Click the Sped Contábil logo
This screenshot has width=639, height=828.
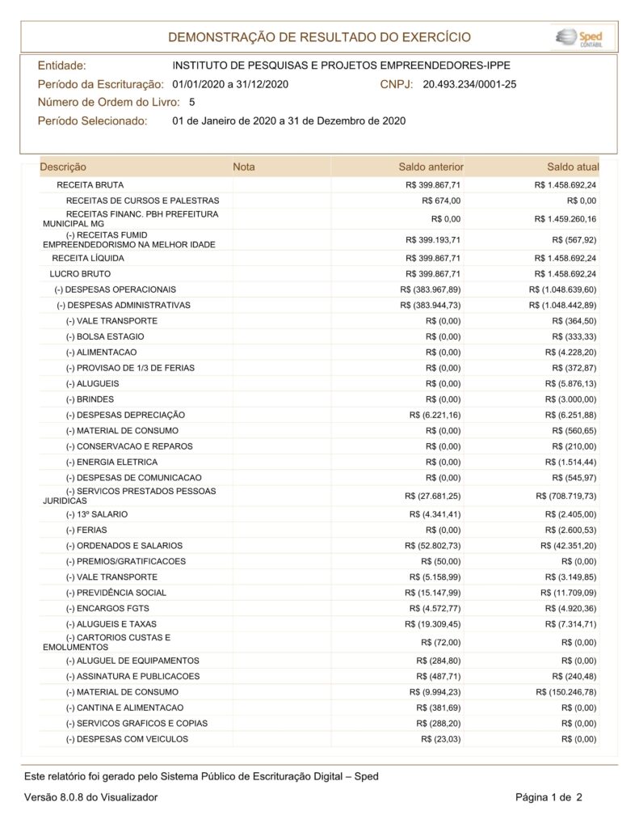click(x=584, y=37)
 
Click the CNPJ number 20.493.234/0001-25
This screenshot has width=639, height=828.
click(x=469, y=84)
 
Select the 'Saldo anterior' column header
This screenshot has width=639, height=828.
click(x=431, y=167)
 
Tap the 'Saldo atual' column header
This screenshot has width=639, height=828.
click(x=573, y=167)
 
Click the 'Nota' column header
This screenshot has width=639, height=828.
click(x=243, y=167)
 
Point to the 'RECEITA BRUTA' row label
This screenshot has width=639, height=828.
click(x=90, y=185)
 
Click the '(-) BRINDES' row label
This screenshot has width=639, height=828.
click(x=90, y=399)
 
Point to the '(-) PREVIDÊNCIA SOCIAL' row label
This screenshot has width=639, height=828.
click(x=116, y=593)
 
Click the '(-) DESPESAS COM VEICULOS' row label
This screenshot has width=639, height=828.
click(x=127, y=739)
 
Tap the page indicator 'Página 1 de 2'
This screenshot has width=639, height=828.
click(x=549, y=797)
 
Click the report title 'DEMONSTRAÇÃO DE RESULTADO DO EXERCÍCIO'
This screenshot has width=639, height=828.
click(x=319, y=38)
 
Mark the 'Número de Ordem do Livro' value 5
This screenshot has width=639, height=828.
click(x=191, y=103)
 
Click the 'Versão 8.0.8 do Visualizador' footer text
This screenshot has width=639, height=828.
click(x=90, y=797)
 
